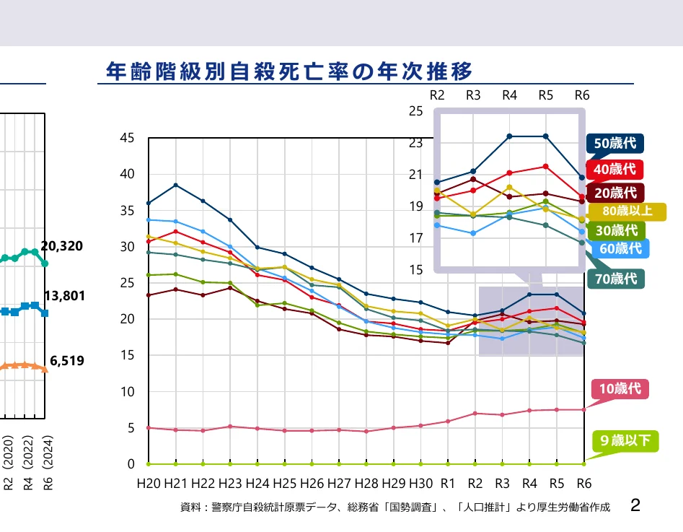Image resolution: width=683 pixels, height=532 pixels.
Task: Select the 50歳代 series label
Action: click(x=614, y=143)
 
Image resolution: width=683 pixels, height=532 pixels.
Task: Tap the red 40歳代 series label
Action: click(x=614, y=169)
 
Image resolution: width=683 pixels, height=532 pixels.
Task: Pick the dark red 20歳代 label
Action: click(x=614, y=192)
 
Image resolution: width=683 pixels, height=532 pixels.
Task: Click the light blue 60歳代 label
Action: click(x=620, y=248)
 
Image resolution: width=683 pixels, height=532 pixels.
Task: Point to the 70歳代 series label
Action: click(x=614, y=277)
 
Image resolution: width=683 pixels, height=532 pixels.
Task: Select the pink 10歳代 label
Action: click(x=620, y=388)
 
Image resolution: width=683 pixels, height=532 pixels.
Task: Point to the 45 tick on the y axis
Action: click(x=127, y=137)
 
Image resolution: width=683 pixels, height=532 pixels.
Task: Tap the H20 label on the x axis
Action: click(x=149, y=483)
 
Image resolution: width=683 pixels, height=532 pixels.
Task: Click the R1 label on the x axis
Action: click(x=448, y=483)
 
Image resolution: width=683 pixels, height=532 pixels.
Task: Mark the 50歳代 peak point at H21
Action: click(x=176, y=185)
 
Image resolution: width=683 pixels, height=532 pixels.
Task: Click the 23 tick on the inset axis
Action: click(x=417, y=143)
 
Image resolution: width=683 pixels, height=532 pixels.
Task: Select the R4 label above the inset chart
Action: click(x=510, y=95)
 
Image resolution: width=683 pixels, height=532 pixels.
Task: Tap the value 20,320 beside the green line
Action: click(x=62, y=246)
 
